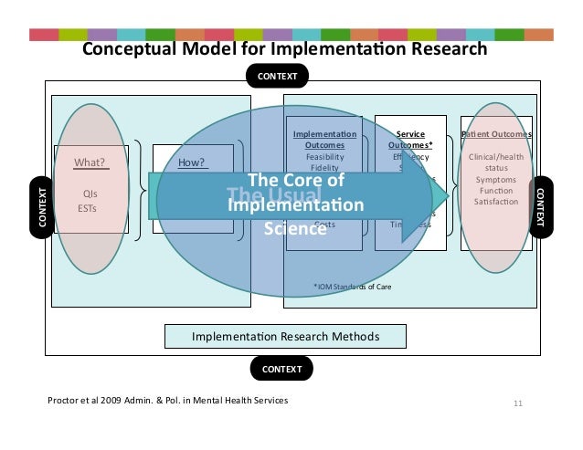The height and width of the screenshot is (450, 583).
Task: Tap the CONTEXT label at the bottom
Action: [281, 369]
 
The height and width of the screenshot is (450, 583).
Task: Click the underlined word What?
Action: [90, 164]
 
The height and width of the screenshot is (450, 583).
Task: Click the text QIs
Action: [90, 194]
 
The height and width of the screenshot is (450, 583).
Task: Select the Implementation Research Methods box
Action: [285, 337]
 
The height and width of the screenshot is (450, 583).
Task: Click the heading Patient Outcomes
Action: [497, 134]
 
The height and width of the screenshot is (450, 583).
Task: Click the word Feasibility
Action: [324, 156]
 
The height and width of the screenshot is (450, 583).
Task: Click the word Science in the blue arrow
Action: [294, 228]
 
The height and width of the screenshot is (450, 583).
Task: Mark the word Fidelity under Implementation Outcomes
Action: [324, 167]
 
